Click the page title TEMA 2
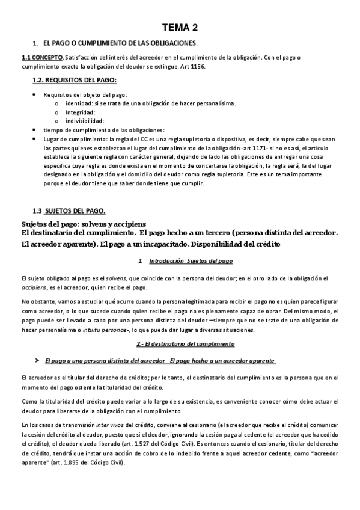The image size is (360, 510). tap(180, 28)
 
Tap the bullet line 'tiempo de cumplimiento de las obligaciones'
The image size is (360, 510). tap(103, 130)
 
